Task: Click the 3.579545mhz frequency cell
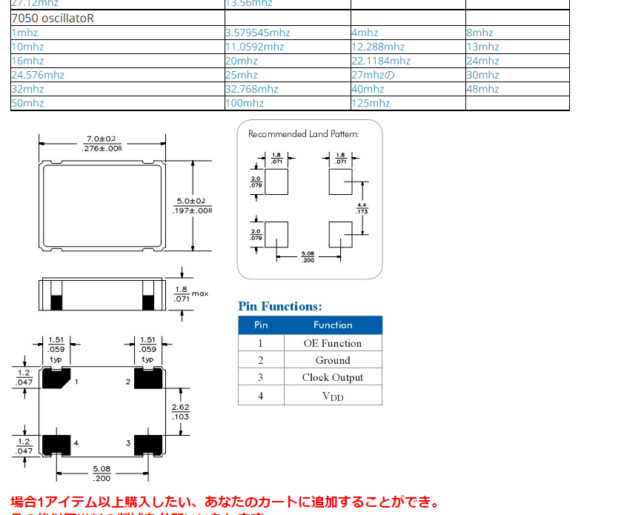[258, 33]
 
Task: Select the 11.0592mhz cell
[255, 47]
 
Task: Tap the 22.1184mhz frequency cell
[381, 61]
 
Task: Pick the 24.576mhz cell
[38, 75]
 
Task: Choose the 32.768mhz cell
[252, 89]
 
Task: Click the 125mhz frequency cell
[371, 103]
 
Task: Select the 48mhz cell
[483, 89]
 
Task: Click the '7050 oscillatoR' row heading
[53, 18]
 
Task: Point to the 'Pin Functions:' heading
[280, 306]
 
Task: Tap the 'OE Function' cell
[333, 343]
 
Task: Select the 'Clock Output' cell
[333, 377]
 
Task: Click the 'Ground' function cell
[333, 360]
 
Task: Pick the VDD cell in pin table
[333, 396]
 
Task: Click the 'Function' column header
[333, 325]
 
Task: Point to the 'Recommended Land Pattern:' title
[303, 134]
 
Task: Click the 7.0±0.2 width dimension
[102, 139]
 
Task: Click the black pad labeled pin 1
[56, 379]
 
